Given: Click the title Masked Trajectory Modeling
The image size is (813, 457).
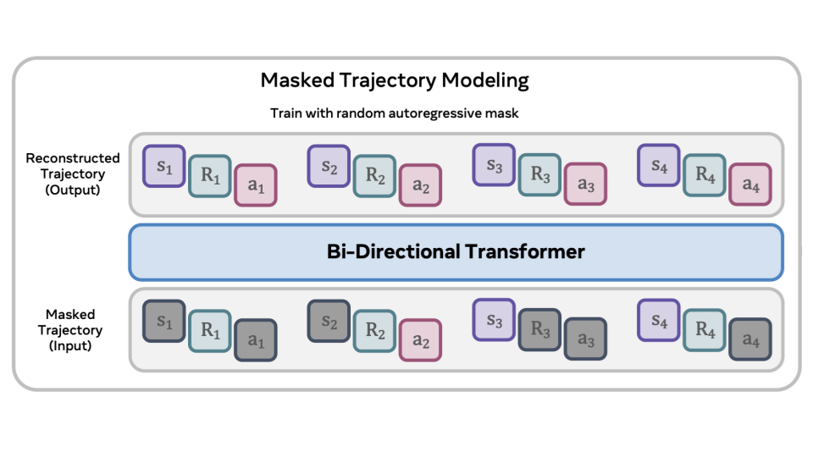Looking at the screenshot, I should click(x=395, y=80).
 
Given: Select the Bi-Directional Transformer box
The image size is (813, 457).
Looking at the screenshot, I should click(x=456, y=251).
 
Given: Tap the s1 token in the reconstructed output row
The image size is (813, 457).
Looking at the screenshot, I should click(x=164, y=167).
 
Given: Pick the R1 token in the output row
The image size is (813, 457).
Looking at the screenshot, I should click(x=210, y=176).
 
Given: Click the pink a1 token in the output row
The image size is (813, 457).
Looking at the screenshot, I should click(x=256, y=184).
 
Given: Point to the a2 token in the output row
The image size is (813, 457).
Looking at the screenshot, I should click(x=420, y=184).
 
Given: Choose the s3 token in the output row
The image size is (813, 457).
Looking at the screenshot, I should click(x=494, y=167).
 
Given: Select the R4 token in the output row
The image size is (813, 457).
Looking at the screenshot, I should click(x=705, y=176).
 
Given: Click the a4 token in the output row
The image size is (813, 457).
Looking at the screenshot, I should click(x=750, y=184).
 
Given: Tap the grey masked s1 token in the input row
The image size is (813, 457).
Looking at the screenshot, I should click(x=164, y=322).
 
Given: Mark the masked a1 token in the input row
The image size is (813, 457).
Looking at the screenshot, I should click(x=256, y=340).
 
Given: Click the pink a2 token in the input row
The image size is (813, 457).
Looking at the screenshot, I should click(x=420, y=340).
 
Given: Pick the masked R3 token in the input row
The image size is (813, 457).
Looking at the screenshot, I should click(x=539, y=331).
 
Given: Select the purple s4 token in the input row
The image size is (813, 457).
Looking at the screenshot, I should click(x=658, y=322).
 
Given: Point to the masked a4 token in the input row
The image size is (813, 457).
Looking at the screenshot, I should click(x=750, y=340).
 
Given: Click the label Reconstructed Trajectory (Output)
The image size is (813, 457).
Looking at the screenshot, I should click(x=73, y=173).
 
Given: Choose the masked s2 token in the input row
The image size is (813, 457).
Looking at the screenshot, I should click(x=329, y=322).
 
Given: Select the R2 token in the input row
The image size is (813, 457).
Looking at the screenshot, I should click(x=374, y=331).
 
